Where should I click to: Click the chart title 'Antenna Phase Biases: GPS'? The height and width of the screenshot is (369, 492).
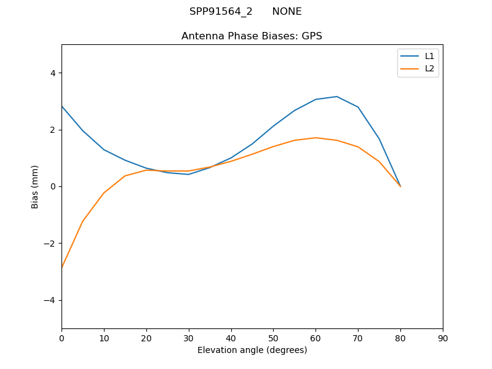(252, 36)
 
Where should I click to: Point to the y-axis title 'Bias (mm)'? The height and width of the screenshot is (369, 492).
(35, 186)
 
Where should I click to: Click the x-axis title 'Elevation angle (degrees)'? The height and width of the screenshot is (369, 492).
(252, 350)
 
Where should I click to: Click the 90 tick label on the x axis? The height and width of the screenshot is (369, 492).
(443, 338)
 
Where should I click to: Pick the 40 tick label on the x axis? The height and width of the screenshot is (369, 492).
(231, 338)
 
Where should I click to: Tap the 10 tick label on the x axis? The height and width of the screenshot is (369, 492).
(104, 338)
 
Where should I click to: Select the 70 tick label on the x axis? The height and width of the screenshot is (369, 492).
(358, 338)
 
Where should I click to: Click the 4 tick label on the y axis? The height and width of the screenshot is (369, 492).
(52, 73)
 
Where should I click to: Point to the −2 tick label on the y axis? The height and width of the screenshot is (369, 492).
(50, 244)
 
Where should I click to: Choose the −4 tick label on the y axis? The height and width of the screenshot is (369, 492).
(50, 300)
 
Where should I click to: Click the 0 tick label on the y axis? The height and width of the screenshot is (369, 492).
(52, 186)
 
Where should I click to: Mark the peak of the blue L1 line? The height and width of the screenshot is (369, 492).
(337, 97)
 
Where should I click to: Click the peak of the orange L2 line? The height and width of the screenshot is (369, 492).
(315, 138)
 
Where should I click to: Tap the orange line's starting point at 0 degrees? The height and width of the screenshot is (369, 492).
(62, 268)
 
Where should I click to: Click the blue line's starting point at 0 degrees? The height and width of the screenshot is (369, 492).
(62, 106)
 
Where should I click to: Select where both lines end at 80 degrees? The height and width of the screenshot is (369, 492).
(400, 186)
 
